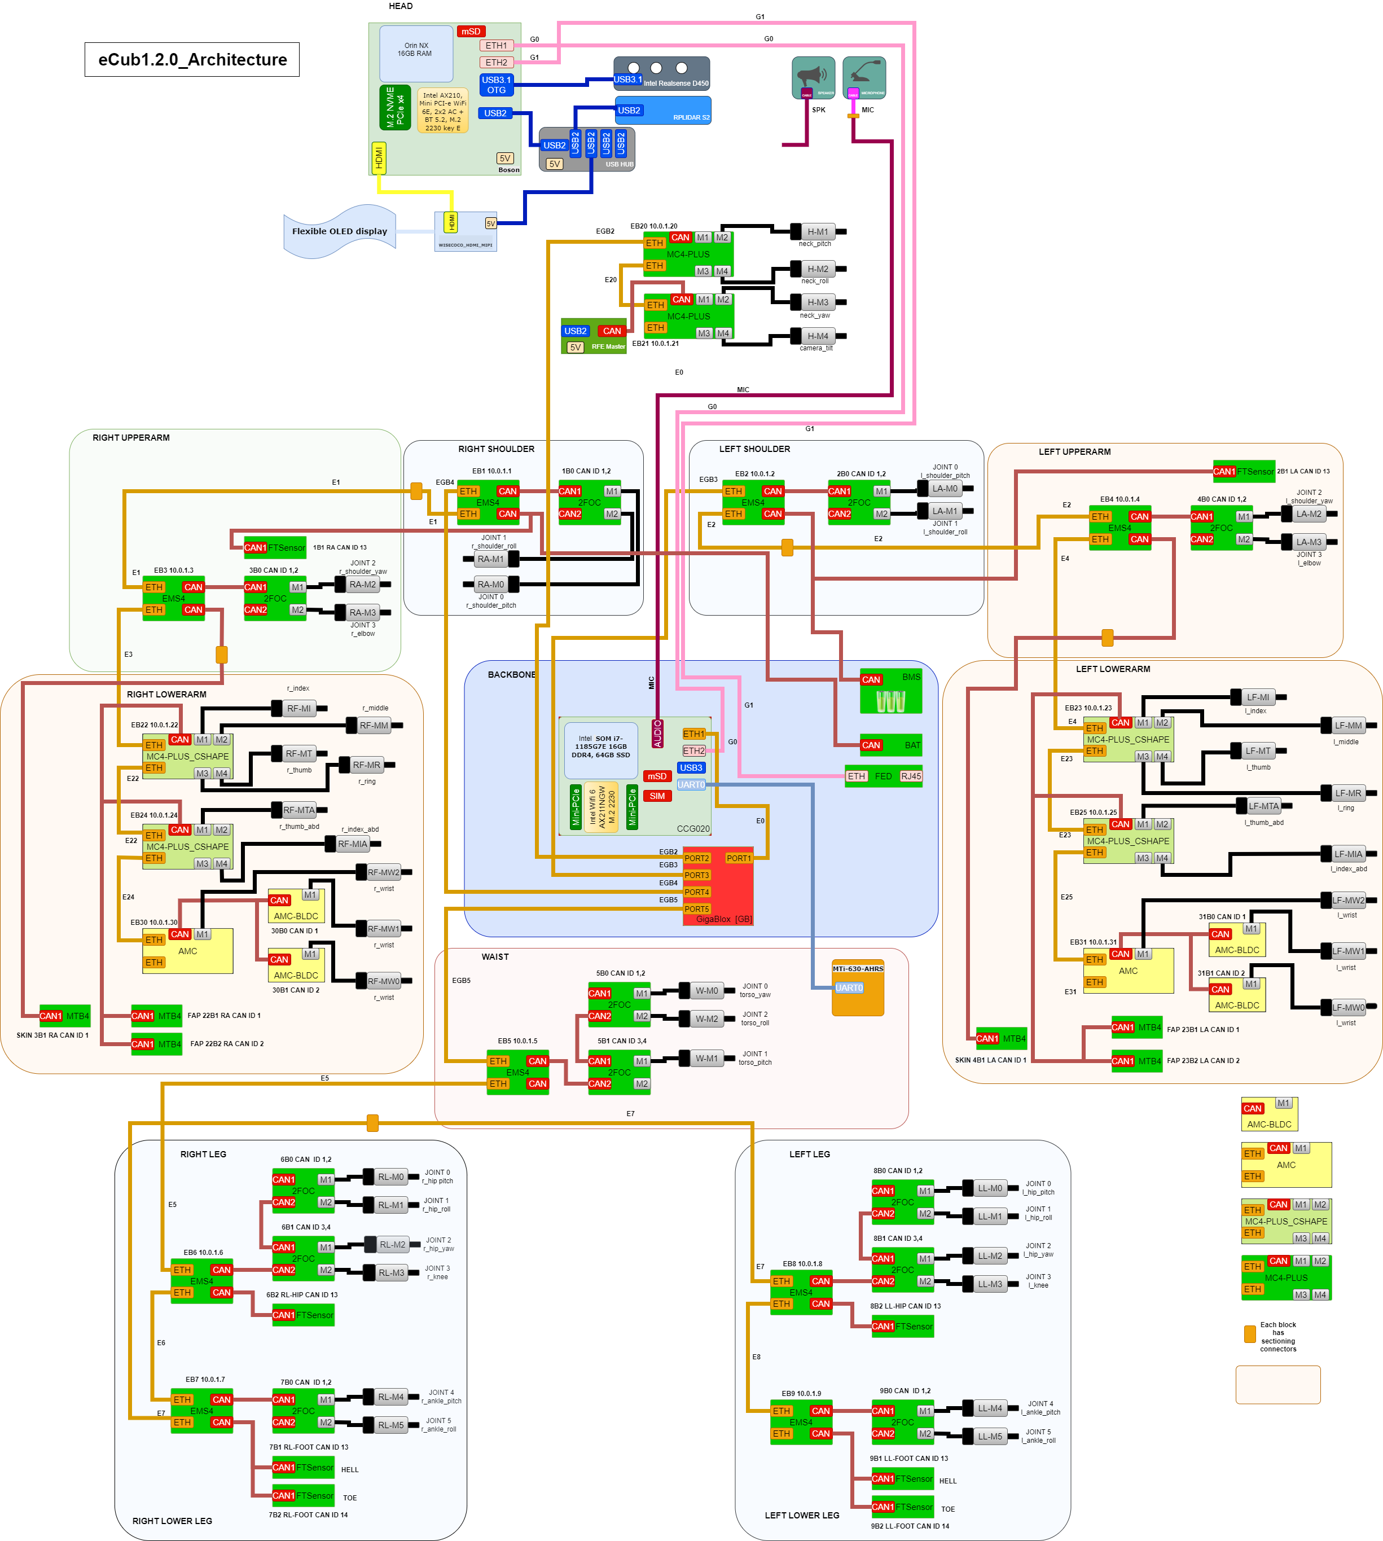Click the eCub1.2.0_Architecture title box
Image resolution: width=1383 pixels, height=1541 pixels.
[192, 59]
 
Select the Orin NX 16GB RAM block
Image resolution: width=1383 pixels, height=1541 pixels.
[416, 53]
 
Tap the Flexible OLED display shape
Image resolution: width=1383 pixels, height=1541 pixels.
[339, 231]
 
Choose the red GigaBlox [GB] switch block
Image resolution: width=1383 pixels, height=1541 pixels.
[718, 885]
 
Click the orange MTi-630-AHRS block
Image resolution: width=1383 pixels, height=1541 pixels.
[858, 987]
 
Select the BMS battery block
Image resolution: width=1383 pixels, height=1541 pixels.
[890, 691]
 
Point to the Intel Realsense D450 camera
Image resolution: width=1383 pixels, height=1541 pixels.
[662, 74]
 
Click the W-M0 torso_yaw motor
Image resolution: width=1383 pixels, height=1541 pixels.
[706, 991]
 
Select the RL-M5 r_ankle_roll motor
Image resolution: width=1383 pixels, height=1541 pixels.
[392, 1425]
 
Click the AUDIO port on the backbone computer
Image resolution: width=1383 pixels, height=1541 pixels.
[657, 734]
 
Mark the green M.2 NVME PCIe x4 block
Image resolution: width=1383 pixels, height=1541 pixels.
[395, 107]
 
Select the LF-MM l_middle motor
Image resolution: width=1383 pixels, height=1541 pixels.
[1348, 726]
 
